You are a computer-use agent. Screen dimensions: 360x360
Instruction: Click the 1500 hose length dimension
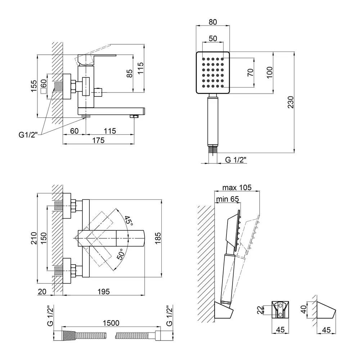110,323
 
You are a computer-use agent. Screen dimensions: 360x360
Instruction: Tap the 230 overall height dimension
291,103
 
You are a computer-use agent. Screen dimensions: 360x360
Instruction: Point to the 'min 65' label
227,199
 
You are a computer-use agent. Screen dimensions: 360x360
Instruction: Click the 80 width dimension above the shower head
213,22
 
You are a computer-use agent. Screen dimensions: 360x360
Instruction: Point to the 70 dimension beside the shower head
251,72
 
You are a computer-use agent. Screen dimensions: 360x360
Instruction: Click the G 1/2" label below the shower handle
236,160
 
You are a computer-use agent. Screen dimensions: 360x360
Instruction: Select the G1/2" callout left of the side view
28,135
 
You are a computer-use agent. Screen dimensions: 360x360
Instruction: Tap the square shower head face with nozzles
213,72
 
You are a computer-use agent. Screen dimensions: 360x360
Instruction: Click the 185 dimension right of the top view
157,238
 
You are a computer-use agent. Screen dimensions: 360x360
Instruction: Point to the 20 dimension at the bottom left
42,292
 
